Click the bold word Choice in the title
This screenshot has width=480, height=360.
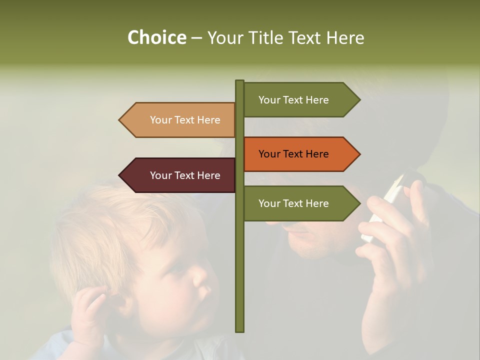click(x=156, y=37)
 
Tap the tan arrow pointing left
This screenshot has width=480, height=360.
click(x=177, y=120)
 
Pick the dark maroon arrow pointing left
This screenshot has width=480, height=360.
click(x=177, y=175)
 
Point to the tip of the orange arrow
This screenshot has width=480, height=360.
click(x=359, y=154)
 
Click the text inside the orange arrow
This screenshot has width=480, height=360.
click(x=293, y=154)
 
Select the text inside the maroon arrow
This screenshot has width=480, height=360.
click(x=185, y=175)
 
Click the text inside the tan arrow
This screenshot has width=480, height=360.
click(x=185, y=120)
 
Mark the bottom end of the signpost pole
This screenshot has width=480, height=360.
click(x=240, y=330)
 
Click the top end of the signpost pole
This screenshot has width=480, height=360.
click(x=240, y=81)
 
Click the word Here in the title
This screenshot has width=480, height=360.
click(x=344, y=37)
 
